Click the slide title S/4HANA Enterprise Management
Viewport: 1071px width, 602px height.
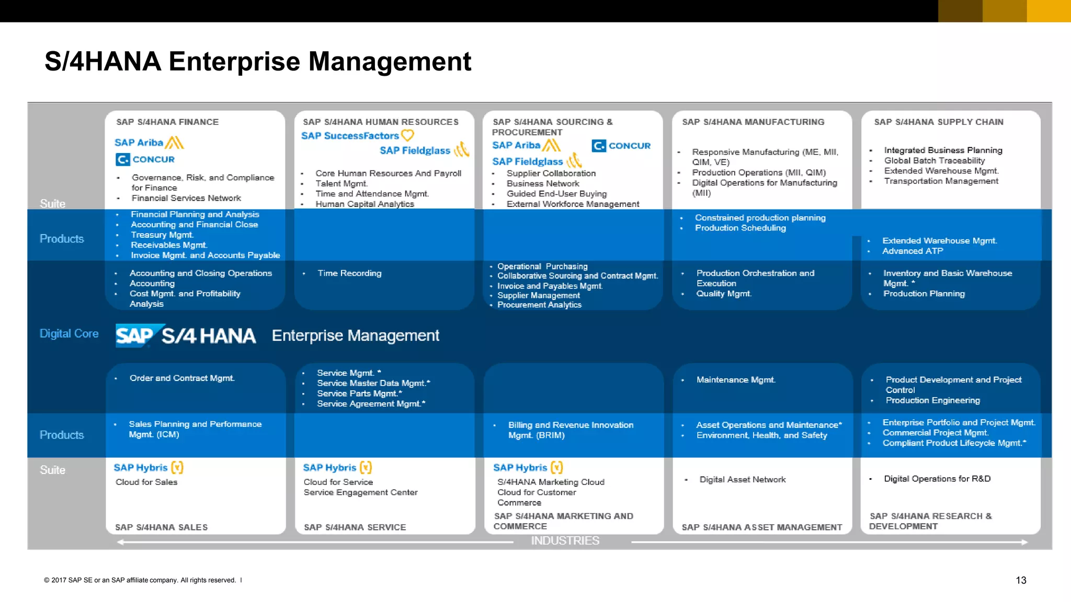[258, 62]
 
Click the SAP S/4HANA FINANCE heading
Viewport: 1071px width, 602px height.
[167, 122]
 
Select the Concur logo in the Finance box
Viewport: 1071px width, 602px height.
[145, 159]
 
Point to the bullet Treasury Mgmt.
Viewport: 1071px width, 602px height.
[162, 235]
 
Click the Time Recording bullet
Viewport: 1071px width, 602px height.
[349, 273]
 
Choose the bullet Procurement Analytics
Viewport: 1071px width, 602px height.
[539, 305]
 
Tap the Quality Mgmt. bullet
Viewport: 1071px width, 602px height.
[724, 294]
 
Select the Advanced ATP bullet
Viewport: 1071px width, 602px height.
[913, 251]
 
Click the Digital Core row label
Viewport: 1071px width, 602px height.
[69, 333]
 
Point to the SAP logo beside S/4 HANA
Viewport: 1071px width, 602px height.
[134, 336]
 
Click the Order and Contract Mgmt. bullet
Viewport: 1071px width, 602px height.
[182, 378]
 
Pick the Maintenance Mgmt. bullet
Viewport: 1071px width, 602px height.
[736, 380]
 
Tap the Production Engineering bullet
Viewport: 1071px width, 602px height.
[932, 400]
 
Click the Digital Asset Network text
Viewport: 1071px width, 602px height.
[743, 479]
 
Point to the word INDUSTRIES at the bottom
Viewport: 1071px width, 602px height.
[565, 541]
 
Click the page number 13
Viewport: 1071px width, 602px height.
[1021, 580]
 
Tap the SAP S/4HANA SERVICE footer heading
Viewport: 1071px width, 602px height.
[355, 527]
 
